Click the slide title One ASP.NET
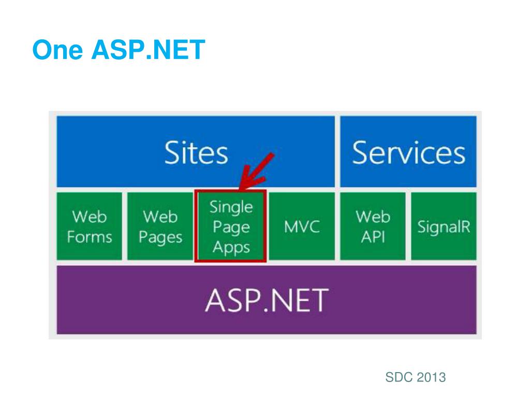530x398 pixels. coord(119,50)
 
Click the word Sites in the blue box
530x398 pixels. coord(196,152)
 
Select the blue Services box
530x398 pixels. coord(408,152)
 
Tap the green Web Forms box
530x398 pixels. coord(89,226)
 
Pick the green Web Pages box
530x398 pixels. coord(160,226)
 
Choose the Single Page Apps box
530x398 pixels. coord(231,226)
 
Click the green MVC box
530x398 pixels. coord(302,226)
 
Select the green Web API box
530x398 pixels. coord(373,226)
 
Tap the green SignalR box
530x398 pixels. coord(444,226)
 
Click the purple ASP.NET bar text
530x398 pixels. coord(266,300)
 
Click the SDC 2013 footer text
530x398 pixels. coord(415,377)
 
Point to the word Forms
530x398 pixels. coord(89,237)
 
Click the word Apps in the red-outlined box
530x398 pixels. coord(231,247)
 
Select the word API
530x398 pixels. coord(373,237)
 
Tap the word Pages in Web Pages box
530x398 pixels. coord(160,238)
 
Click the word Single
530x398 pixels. coord(231,207)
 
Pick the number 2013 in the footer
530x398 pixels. coord(431,377)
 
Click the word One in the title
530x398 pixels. coord(57,50)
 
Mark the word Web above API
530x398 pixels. coord(373,216)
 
